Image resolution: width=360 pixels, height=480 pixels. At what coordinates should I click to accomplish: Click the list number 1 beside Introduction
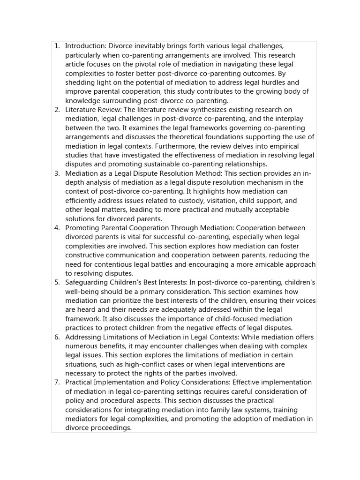pyautogui.click(x=57, y=46)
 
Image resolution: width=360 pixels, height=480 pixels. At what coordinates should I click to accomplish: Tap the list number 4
pyautogui.click(x=57, y=228)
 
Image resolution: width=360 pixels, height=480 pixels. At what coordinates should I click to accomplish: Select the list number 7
pyautogui.click(x=57, y=382)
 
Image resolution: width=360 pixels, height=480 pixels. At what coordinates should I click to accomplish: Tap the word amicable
pyautogui.click(x=262, y=264)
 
